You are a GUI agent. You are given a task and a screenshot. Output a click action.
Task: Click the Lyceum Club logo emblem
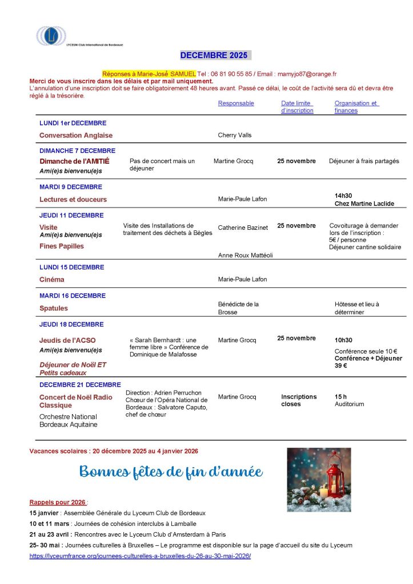pos(51,36)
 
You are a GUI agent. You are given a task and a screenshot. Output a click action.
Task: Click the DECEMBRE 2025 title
pos(214,55)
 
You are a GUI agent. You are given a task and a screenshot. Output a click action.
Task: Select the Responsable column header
pos(236,103)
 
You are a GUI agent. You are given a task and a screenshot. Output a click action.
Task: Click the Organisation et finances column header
pos(356,107)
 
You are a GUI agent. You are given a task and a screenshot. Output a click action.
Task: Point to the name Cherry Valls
pos(234,135)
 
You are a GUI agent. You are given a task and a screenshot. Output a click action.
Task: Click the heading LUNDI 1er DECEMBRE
pos(73,123)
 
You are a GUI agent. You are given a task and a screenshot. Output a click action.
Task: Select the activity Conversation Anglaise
pos(76,136)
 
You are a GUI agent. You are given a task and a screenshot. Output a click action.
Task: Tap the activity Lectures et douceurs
pos(73,200)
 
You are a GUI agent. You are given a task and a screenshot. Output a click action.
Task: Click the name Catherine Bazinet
pos(243,228)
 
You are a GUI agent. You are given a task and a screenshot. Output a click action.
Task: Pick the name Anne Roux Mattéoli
pos(246,255)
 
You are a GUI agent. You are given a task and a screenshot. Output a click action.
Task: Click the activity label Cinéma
pos(51,279)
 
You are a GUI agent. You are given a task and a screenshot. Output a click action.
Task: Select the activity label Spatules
pos(53,308)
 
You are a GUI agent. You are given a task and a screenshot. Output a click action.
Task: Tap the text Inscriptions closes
pos(299,400)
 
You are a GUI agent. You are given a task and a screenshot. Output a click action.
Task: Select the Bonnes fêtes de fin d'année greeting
pos(171,472)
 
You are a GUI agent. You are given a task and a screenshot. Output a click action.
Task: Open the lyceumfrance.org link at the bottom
pos(140,555)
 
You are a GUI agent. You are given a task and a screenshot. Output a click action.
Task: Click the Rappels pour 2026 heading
pos(58,502)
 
